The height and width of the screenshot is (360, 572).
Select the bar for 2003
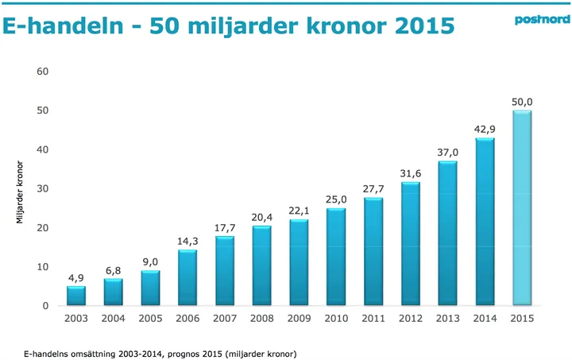pyautogui.click(x=76, y=296)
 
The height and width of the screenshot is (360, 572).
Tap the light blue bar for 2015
pyautogui.click(x=521, y=208)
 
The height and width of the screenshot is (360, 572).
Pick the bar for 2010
pyautogui.click(x=335, y=257)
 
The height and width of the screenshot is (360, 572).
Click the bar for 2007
pyautogui.click(x=224, y=271)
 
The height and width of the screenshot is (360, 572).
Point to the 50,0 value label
pyautogui.click(x=521, y=102)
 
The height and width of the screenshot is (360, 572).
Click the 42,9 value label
pyautogui.click(x=485, y=130)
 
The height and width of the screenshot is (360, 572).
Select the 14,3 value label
pyautogui.click(x=187, y=241)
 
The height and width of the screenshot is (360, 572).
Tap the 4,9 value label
pyautogui.click(x=76, y=277)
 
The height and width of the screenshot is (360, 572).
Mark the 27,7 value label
pyautogui.click(x=373, y=188)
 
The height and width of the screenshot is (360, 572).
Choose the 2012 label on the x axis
pyautogui.click(x=410, y=319)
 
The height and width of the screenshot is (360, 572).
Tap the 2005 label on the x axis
pyautogui.click(x=150, y=319)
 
